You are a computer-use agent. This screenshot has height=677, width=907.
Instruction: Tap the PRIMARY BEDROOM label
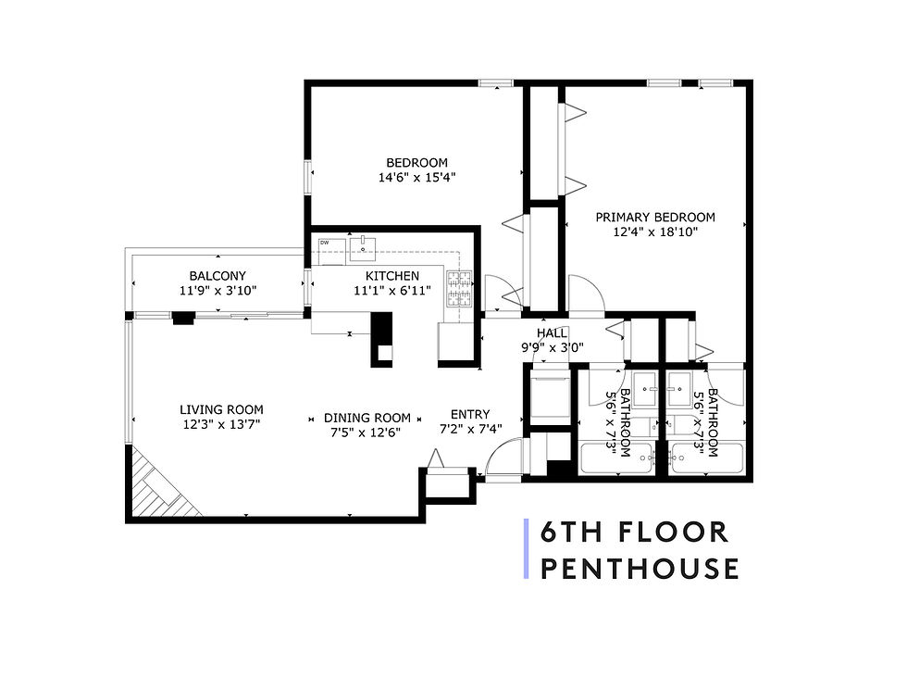pyautogui.click(x=654, y=218)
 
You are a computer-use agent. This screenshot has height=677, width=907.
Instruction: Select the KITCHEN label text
pyautogui.click(x=391, y=276)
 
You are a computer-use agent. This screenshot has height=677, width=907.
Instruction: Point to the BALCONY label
pyautogui.click(x=217, y=276)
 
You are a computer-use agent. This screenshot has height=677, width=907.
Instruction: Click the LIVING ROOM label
pyautogui.click(x=221, y=409)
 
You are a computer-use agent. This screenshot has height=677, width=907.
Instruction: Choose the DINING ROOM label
pyautogui.click(x=367, y=418)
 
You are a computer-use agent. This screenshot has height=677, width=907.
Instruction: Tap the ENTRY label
pyautogui.click(x=470, y=414)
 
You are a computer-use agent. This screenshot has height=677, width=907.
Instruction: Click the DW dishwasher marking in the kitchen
pyautogui.click(x=325, y=244)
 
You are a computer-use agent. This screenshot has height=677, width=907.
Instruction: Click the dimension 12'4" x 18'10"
pyautogui.click(x=654, y=232)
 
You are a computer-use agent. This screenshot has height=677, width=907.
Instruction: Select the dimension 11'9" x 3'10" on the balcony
pyautogui.click(x=217, y=291)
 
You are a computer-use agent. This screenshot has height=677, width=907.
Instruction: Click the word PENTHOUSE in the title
pyautogui.click(x=640, y=568)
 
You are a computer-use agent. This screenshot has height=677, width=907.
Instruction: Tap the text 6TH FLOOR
pyautogui.click(x=635, y=533)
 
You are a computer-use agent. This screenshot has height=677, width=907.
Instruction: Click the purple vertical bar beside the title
pyautogui.click(x=527, y=549)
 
